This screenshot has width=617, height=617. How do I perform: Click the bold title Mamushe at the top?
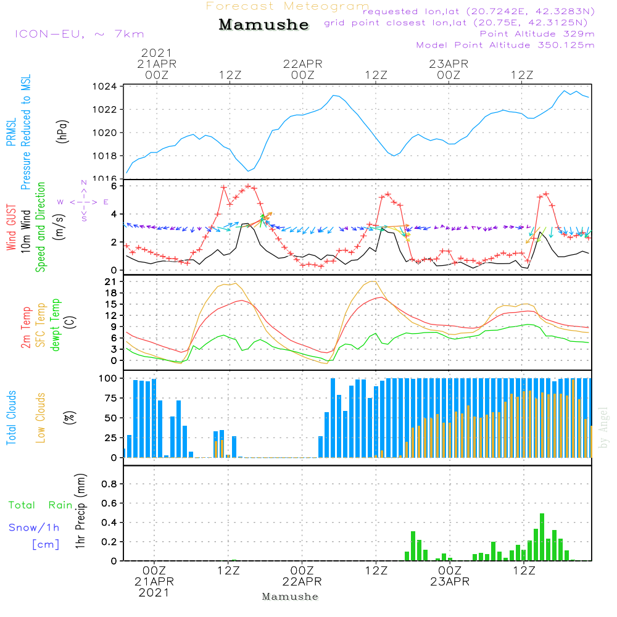tap(263, 25)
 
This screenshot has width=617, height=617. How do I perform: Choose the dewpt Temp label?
tap(56, 325)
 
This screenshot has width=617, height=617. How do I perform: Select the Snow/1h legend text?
tap(35, 528)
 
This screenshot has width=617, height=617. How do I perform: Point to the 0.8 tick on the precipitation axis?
tap(109, 484)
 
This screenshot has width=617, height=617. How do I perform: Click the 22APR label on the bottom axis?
tap(302, 582)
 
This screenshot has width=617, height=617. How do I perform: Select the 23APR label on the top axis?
tap(449, 64)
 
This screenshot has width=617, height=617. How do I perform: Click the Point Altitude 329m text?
tap(537, 34)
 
